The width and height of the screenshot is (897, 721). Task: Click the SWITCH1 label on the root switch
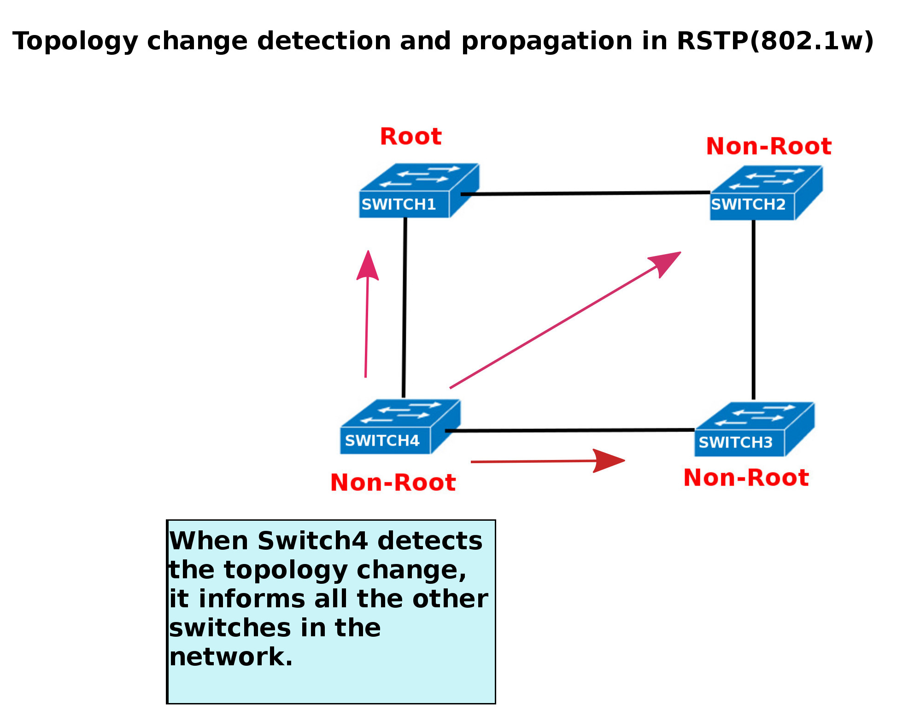pyautogui.click(x=399, y=204)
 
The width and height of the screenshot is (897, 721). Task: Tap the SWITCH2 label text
pyautogui.click(x=748, y=204)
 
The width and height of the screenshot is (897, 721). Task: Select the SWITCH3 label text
pyautogui.click(x=735, y=442)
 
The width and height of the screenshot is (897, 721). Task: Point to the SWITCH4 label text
pyautogui.click(x=382, y=441)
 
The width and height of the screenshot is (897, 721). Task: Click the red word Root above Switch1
pyautogui.click(x=410, y=137)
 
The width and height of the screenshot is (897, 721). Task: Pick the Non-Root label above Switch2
pyautogui.click(x=768, y=146)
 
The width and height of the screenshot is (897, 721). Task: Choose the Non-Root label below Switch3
pyautogui.click(x=746, y=477)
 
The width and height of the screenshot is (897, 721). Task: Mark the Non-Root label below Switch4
pyautogui.click(x=393, y=483)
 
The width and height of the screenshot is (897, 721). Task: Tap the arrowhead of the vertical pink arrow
pyautogui.click(x=368, y=267)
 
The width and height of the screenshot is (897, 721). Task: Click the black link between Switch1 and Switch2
pyautogui.click(x=585, y=193)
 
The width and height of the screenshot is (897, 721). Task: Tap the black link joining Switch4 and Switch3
pyautogui.click(x=569, y=430)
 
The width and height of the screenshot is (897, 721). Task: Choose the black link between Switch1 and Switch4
pyautogui.click(x=405, y=308)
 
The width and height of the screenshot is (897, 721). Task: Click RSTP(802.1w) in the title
pyautogui.click(x=775, y=41)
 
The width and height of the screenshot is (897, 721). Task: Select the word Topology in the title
pyautogui.click(x=75, y=42)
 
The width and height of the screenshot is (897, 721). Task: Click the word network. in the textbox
pyautogui.click(x=231, y=657)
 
